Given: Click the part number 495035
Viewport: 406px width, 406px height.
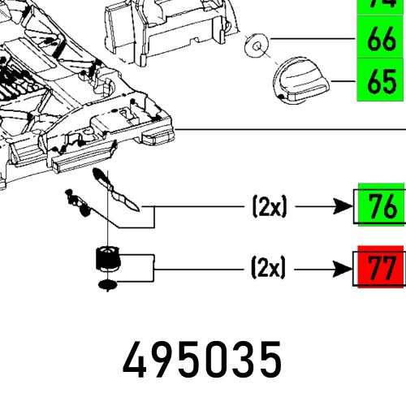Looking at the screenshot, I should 203,359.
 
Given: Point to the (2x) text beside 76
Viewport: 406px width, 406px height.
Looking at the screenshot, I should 270,208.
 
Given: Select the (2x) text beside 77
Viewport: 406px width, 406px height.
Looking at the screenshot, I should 270,268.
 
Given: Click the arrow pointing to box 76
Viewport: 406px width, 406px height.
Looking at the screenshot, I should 325,208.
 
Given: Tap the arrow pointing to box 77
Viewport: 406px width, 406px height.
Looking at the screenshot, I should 325,268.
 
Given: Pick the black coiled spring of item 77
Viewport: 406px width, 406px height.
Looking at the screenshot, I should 106,261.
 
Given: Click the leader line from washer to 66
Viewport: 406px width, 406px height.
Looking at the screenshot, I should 313,39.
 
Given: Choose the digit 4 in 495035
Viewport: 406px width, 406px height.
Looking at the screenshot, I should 139,359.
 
